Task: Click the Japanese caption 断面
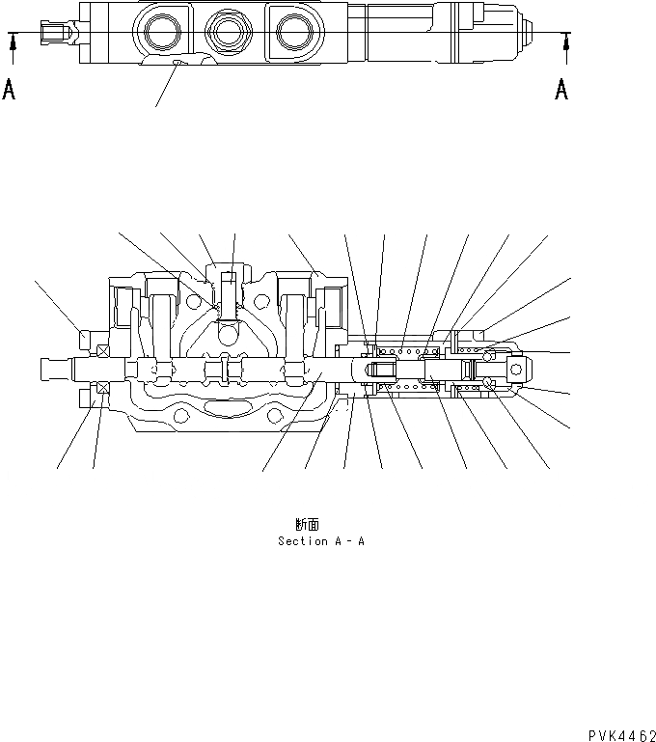pos(309,525)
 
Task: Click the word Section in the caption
pos(302,541)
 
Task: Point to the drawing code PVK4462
pos(617,734)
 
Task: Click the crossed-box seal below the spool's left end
pos(100,388)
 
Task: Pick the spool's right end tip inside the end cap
pos(513,368)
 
